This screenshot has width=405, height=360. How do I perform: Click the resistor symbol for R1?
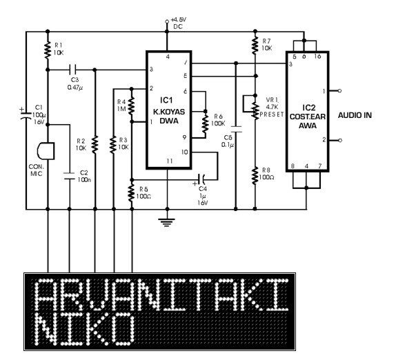pos(48,50)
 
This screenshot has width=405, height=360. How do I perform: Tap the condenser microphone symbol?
pos(46,151)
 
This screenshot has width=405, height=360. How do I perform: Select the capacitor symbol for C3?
pos(73,70)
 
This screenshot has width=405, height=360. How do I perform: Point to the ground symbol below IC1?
pos(167,222)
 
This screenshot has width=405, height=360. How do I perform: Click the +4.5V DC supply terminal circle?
pos(167,21)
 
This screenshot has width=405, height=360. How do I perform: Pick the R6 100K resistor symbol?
pos(206,123)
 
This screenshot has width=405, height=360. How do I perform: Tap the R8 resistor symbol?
pos(255,175)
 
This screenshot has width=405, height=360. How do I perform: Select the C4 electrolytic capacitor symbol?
pos(201,179)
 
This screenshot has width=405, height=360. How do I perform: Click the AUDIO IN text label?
pos(355,115)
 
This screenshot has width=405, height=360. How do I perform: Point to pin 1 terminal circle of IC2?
pos(340,90)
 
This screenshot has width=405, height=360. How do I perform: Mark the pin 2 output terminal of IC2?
pos(340,140)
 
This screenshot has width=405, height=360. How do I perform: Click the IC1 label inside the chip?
pos(166,100)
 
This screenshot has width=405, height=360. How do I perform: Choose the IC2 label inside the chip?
pos(309,108)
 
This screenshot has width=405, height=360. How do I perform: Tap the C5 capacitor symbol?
pos(236,129)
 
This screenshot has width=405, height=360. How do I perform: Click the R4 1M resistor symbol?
pos(132,106)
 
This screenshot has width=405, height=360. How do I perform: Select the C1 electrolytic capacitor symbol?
pos(26,114)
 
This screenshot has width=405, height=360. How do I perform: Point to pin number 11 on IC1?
pos(169,161)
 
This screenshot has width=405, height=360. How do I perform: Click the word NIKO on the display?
pos(85,329)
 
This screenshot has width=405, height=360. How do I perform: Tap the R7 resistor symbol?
pos(255,45)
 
